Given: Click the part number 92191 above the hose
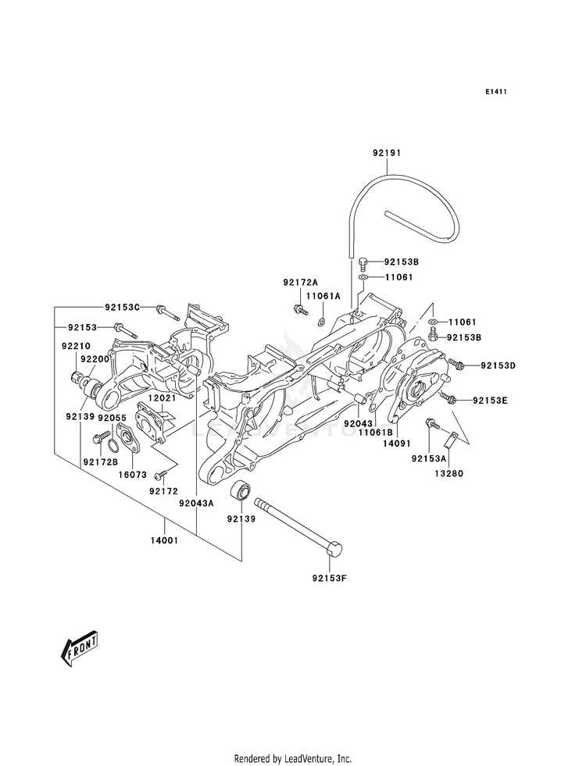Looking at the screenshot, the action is point(387,153).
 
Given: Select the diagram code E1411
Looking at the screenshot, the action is point(495,91).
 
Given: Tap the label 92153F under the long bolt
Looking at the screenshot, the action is point(330,579).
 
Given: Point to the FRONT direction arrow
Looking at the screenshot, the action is point(79,649).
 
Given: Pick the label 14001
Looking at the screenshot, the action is point(164,540).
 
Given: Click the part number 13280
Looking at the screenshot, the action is point(449,473).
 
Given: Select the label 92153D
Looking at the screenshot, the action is point(498,365).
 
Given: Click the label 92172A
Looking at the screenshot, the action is point(300,282).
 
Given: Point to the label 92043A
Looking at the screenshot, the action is point(196,503).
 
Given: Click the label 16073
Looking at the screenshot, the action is point(133,474).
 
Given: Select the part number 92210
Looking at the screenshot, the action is point(76,346).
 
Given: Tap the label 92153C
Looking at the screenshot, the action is point(122,307).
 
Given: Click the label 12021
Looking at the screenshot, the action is point(162,398).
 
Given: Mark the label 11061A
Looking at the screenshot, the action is point(323,296).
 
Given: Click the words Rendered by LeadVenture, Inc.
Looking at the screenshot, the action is point(293,759).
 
